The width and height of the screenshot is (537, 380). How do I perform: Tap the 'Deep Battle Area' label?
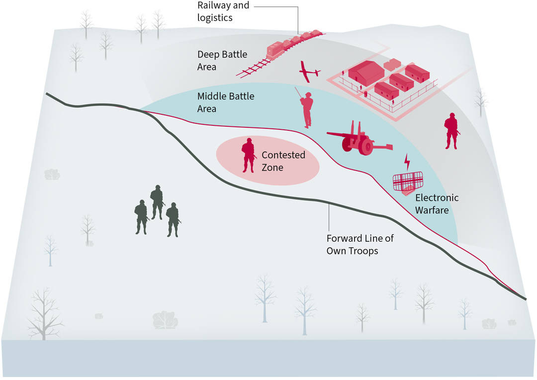pyautogui.click(x=222, y=60)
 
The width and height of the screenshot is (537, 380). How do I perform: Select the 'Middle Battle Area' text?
pyautogui.click(x=225, y=101)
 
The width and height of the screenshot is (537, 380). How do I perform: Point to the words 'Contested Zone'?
pyautogui.click(x=283, y=161)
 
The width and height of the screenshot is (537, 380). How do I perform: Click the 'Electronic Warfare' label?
pyautogui.click(x=437, y=204)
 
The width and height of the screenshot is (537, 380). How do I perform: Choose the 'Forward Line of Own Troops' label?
pyautogui.click(x=359, y=244)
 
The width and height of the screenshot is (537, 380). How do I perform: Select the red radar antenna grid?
pyautogui.click(x=407, y=181)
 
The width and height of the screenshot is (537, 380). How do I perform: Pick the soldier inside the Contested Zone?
pyautogui.click(x=248, y=155)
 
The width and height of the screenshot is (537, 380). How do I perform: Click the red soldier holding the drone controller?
pyautogui.click(x=307, y=109)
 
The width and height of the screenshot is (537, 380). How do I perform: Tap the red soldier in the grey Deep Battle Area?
pyautogui.click(x=451, y=131)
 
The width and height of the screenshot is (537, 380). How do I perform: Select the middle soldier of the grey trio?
pyautogui.click(x=157, y=201)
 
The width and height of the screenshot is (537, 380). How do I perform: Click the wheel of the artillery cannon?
pyautogui.click(x=366, y=146)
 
